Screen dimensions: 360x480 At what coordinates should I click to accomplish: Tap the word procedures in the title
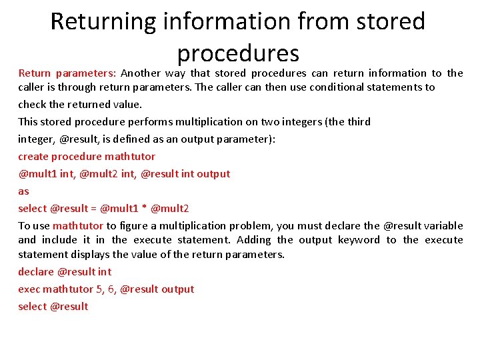coord(238,53)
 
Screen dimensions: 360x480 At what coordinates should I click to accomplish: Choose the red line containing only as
coord(23,191)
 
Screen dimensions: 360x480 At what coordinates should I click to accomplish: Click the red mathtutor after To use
coord(78,226)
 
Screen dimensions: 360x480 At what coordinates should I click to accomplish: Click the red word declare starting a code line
coord(36,272)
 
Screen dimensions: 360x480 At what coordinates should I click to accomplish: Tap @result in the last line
coord(69,307)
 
